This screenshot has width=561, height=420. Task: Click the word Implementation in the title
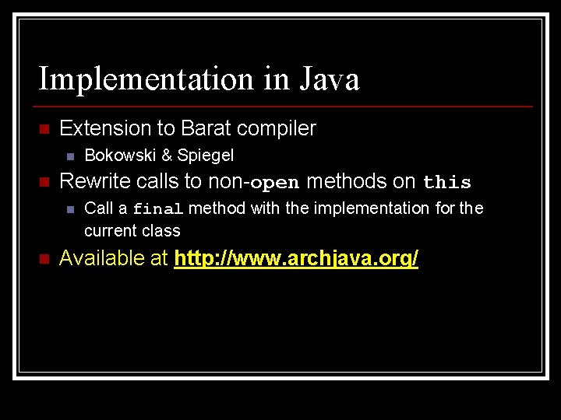click(x=146, y=79)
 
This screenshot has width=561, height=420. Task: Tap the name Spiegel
click(x=205, y=156)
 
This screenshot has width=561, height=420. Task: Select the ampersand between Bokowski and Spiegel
click(x=166, y=156)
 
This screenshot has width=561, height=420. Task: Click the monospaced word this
click(x=447, y=183)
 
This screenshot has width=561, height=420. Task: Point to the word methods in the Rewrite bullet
click(x=349, y=182)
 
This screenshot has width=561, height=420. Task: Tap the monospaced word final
click(x=158, y=208)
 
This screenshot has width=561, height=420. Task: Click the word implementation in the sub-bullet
click(x=362, y=208)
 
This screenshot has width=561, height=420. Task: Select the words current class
click(x=132, y=231)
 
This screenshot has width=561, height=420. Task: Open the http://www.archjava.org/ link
click(x=297, y=258)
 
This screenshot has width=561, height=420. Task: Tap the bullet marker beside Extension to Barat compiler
click(x=44, y=128)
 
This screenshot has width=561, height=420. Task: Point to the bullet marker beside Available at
click(x=44, y=258)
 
